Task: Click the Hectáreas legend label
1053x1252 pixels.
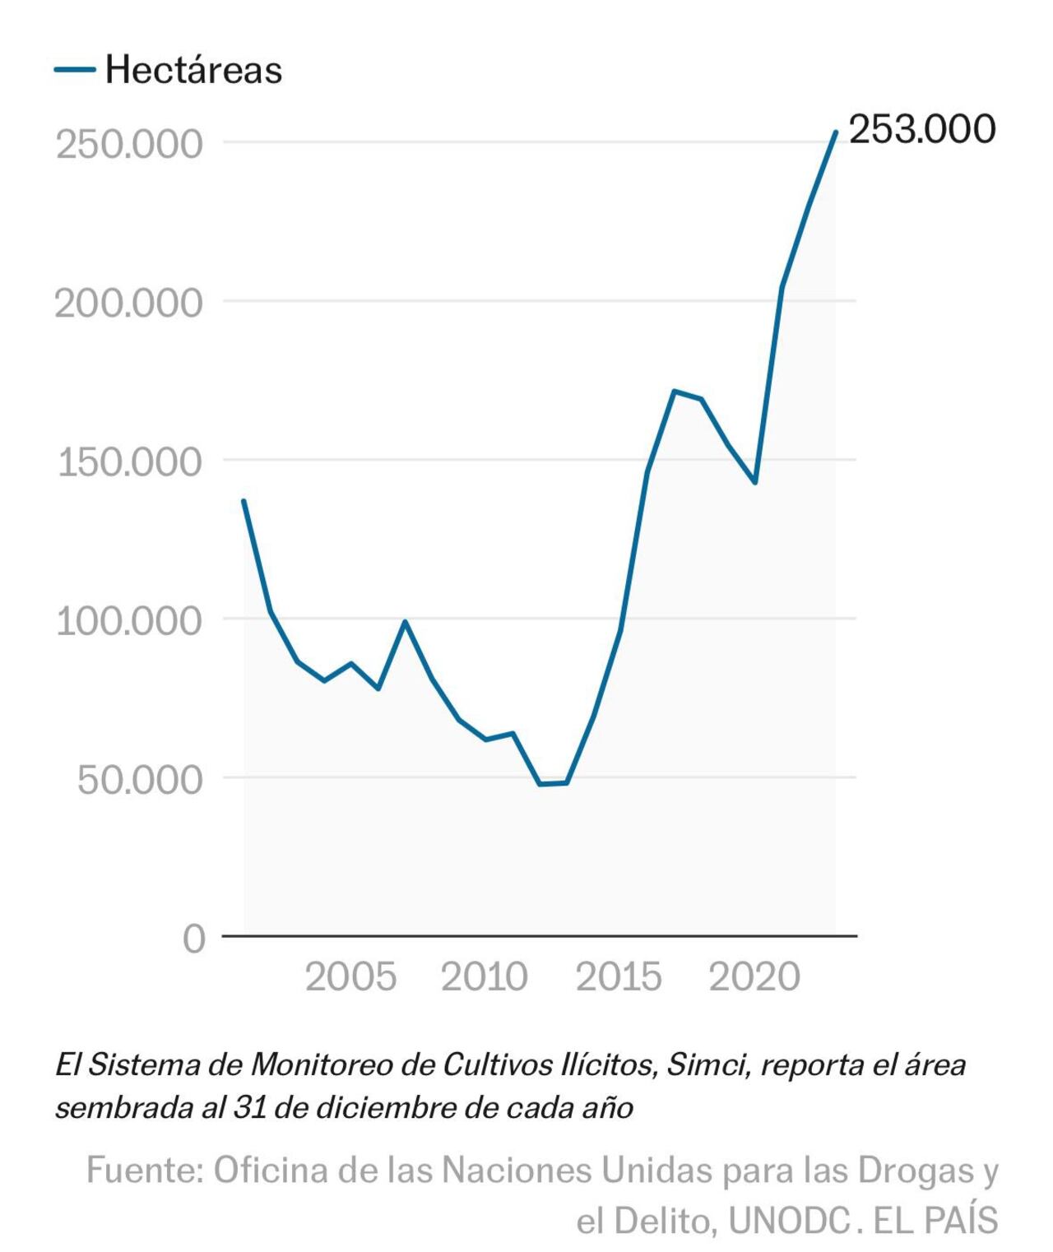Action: click(x=193, y=70)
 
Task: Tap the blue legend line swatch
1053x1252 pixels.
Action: click(x=75, y=70)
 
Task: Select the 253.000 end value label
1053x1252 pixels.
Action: click(x=921, y=129)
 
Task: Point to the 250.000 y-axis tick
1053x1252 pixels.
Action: click(x=129, y=144)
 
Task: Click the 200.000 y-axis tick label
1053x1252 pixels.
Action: click(x=129, y=303)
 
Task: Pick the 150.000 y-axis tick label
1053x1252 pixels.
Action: click(x=129, y=461)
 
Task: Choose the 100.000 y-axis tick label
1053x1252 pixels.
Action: click(x=129, y=620)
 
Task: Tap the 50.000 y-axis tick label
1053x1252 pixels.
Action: click(x=139, y=779)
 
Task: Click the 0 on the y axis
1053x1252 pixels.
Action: click(x=194, y=938)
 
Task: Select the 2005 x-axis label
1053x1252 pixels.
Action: click(x=350, y=977)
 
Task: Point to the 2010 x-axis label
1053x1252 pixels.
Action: click(x=485, y=977)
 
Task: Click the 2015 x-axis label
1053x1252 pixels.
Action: click(x=619, y=977)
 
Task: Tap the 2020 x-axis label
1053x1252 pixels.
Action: click(x=754, y=977)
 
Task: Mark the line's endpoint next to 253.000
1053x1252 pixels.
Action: click(x=835, y=132)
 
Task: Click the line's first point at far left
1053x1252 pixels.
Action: click(x=244, y=501)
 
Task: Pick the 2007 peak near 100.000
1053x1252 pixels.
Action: click(x=405, y=622)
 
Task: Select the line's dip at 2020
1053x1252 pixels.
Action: click(x=754, y=482)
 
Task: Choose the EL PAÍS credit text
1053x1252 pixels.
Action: click(x=935, y=1220)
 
